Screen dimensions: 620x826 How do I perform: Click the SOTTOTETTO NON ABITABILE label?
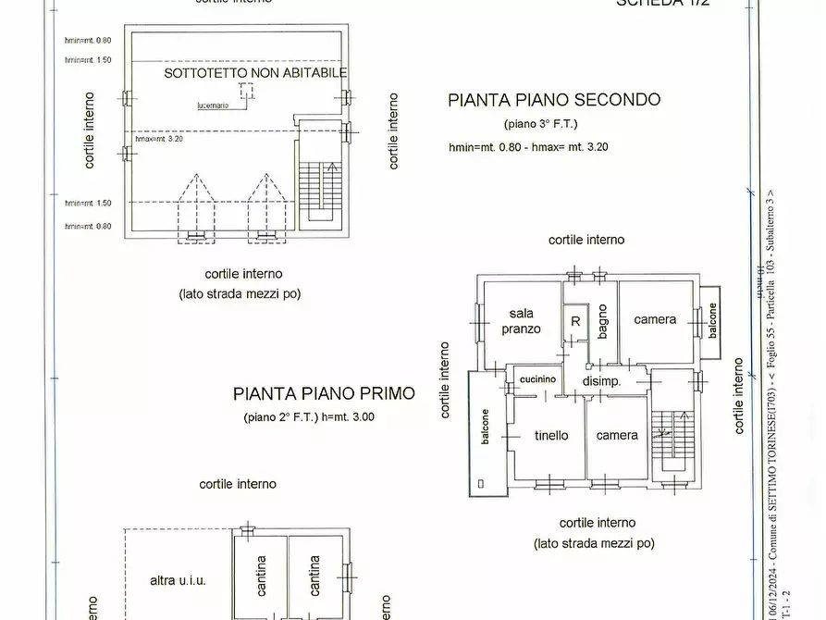click(255, 72)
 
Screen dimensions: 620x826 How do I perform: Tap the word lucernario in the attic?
click(214, 105)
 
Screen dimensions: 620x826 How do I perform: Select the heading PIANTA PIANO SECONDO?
click(554, 100)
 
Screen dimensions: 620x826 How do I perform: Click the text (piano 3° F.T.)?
click(541, 124)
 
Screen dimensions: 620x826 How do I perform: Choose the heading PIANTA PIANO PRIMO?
click(324, 393)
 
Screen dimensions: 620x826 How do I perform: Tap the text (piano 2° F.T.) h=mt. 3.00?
click(309, 417)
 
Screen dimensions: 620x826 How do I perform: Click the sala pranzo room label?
click(521, 321)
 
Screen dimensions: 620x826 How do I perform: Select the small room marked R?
click(575, 321)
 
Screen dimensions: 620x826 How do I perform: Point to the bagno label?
click(602, 320)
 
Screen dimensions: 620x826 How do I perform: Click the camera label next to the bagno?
click(655, 319)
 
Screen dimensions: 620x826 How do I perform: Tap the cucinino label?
click(537, 379)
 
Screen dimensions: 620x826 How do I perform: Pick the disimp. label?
click(600, 381)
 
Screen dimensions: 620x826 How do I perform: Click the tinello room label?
click(551, 435)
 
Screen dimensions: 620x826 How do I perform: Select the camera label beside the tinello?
click(617, 435)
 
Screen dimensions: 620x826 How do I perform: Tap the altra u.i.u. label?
click(178, 580)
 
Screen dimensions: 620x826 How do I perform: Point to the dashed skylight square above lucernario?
click(246, 90)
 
